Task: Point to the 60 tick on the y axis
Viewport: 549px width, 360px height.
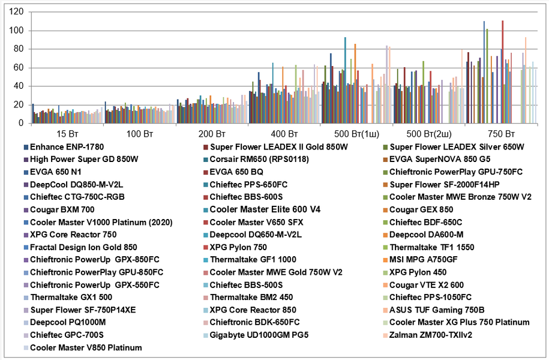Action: (18, 68)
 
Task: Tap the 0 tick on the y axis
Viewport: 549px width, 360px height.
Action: (20, 124)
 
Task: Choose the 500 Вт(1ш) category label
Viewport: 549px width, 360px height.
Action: (356, 133)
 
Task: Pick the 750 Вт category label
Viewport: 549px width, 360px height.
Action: (500, 133)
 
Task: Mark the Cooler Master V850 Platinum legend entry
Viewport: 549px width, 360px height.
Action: (86, 347)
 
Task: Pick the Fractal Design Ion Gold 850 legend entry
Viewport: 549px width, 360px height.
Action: (83, 247)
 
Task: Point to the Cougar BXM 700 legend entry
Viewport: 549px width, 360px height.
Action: (62, 209)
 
